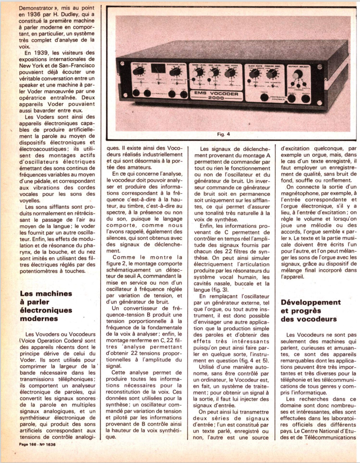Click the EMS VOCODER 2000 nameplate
[216, 95]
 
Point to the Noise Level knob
[199, 72]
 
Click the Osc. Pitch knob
[230, 73]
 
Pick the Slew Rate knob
[254, 74]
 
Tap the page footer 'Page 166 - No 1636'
[37, 444]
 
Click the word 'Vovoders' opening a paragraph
[46, 334]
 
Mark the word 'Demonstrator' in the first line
[37, 8]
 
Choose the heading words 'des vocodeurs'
[309, 319]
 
